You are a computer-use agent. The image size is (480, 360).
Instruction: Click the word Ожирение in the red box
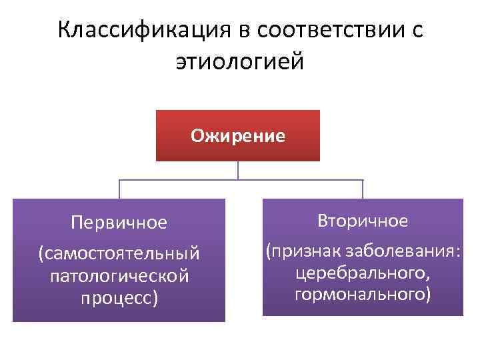(x=238, y=136)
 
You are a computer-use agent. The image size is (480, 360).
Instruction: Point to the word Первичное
(x=119, y=222)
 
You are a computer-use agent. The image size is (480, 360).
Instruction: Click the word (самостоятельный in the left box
(x=119, y=253)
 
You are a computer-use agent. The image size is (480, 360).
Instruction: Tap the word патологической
(x=119, y=275)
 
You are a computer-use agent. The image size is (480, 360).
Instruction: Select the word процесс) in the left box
(x=119, y=297)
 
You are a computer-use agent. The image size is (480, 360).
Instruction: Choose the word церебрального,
(x=363, y=273)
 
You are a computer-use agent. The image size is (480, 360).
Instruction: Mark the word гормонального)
(x=363, y=294)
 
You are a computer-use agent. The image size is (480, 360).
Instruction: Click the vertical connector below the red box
(x=238, y=171)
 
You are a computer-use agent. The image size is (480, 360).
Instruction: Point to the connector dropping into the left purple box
(x=119, y=189)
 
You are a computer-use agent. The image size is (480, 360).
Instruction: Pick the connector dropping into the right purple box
(x=363, y=189)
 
